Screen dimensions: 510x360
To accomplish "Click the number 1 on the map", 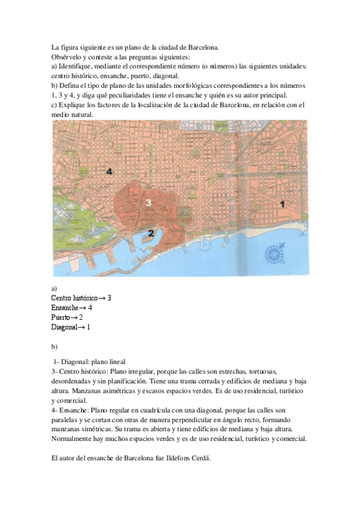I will click(283, 204).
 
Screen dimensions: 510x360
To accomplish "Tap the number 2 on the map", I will click(151, 233).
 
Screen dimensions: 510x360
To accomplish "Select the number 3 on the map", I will click(148, 203).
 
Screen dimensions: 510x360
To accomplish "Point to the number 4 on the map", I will click(109, 172).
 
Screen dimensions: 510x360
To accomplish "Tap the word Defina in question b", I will click(73, 86).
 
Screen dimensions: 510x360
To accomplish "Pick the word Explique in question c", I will click(75, 105).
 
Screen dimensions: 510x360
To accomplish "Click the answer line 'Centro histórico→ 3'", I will click(81, 298).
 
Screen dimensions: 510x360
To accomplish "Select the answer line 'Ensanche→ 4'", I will click(72, 307).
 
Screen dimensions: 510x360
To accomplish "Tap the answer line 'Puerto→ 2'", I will click(67, 317).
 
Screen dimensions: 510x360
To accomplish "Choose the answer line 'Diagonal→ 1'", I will click(70, 327).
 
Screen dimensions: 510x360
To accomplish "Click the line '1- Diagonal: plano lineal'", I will click(90, 362).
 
